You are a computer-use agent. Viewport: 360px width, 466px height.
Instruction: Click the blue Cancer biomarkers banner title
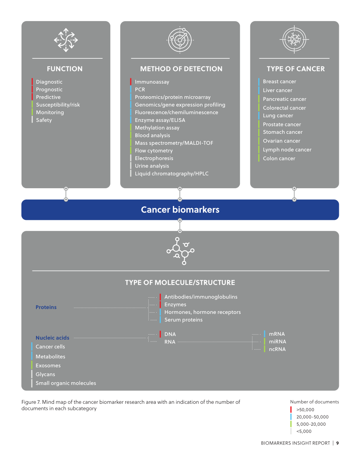[x=180, y=209]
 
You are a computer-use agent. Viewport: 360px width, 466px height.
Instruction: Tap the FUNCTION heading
[x=65, y=68]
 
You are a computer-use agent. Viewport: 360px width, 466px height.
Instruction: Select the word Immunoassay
[x=152, y=82]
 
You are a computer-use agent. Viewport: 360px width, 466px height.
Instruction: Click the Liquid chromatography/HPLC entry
[x=171, y=174]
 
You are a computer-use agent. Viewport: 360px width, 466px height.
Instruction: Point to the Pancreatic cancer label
[x=284, y=99]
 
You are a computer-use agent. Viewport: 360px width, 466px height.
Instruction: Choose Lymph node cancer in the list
[x=287, y=149]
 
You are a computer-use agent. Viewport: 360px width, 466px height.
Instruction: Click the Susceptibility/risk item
[x=58, y=104]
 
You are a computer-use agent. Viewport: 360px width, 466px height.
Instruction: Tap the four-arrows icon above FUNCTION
[x=66, y=40]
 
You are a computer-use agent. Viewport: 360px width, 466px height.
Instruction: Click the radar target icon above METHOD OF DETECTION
[x=180, y=40]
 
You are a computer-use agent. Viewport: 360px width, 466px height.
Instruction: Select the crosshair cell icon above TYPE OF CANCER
[x=294, y=40]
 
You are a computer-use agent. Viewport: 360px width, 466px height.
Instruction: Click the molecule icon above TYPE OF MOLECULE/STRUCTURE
[x=180, y=251]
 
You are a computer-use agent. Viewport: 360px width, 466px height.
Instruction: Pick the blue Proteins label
[x=46, y=307]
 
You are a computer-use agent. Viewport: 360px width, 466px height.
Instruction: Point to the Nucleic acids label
[x=52, y=338]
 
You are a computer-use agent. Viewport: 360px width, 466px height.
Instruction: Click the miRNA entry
[x=277, y=342]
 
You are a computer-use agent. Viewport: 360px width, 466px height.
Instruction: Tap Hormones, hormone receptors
[x=202, y=312]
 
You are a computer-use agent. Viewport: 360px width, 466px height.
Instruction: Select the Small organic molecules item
[x=66, y=383]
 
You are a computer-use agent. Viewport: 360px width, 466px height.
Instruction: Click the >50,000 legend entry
[x=305, y=410]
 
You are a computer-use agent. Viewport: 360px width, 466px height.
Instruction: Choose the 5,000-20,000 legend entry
[x=311, y=424]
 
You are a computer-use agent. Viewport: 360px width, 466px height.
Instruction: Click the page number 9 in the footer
[x=337, y=443]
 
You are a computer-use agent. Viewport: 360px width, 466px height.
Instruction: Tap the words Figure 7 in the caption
[x=31, y=402]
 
